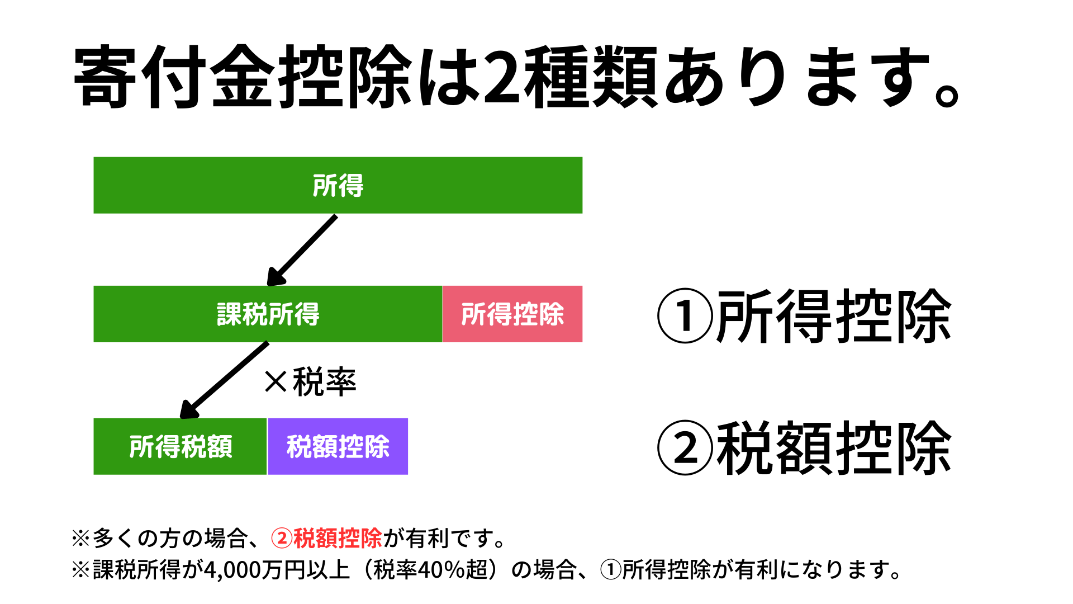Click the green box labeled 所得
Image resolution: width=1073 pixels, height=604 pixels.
point(338,185)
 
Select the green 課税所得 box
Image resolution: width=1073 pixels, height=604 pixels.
point(268,314)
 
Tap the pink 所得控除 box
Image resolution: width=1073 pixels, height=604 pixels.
point(512,314)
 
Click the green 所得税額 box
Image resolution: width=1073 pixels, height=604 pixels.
point(180,446)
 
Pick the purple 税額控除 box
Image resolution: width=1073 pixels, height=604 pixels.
point(338,446)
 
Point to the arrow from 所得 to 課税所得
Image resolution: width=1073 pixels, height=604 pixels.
point(302,251)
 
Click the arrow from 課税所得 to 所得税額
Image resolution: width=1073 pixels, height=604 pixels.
point(224,380)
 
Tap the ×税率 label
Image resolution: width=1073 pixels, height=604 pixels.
point(310,383)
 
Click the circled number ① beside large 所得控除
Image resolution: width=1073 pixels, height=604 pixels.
point(685,315)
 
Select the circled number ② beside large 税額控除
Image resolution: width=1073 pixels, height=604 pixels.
point(685,447)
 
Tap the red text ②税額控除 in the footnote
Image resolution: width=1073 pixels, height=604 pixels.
point(327,538)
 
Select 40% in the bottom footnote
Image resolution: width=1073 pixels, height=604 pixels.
point(441,570)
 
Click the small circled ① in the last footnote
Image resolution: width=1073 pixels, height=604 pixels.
point(611,570)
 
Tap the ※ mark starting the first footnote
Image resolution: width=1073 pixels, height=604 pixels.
point(81,538)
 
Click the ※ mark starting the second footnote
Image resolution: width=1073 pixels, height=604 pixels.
point(81,570)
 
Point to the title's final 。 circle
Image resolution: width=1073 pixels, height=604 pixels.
point(947,95)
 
